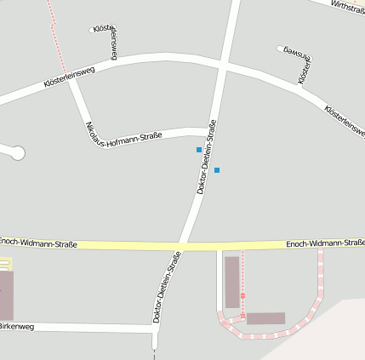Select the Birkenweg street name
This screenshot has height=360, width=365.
(x=16, y=326)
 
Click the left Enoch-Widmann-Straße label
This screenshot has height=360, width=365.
(x=38, y=244)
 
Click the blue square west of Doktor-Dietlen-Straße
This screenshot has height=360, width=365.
(x=199, y=150)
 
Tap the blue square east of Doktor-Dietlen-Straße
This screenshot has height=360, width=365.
(x=217, y=170)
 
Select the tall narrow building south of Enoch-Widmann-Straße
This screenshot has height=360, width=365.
(x=231, y=282)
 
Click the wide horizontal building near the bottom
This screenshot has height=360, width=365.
(x=265, y=318)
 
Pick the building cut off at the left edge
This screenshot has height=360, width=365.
(x=6, y=294)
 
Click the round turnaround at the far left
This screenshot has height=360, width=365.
(x=17, y=153)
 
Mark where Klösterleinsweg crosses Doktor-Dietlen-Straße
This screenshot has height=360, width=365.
(x=221, y=66)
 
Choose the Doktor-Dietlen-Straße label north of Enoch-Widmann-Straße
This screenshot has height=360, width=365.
(x=207, y=157)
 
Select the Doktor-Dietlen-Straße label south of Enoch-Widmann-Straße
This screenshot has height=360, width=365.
(x=167, y=287)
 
